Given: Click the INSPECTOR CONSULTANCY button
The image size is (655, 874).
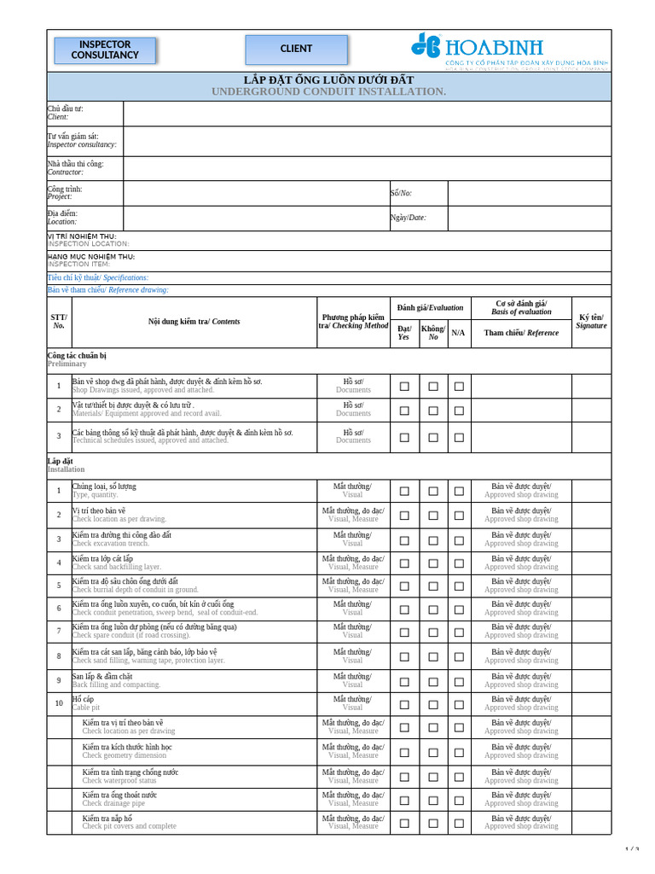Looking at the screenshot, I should (x=105, y=50).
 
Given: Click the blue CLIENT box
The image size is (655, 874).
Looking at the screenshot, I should (x=296, y=50).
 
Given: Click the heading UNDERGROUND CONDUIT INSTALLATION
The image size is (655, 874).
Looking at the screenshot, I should (x=328, y=91).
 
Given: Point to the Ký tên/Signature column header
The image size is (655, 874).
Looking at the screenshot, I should (x=591, y=321).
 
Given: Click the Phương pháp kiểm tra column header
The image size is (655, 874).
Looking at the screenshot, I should (x=353, y=321).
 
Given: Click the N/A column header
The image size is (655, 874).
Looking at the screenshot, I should (x=458, y=333).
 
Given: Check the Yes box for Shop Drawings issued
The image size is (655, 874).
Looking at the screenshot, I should (x=404, y=386).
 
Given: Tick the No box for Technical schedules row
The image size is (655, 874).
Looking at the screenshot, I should (x=433, y=436).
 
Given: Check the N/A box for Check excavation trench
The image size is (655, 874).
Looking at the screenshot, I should (x=459, y=539).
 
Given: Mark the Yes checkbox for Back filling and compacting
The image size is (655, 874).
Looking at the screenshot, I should (x=404, y=681).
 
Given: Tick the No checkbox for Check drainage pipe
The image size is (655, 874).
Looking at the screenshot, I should (x=433, y=799).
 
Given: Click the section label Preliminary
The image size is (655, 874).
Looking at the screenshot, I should (x=67, y=364).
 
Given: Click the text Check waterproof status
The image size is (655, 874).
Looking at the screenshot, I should (x=119, y=780).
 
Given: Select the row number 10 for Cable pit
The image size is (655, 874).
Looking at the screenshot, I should (x=59, y=703).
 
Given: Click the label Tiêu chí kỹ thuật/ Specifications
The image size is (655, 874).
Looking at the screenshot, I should (x=97, y=277).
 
